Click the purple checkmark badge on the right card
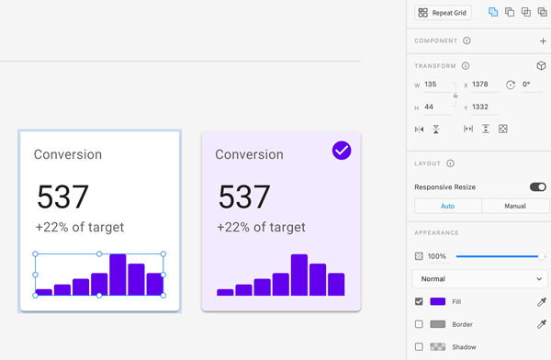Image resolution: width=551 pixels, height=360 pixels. [x=342, y=150]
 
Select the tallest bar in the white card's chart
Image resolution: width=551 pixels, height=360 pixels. [x=118, y=275]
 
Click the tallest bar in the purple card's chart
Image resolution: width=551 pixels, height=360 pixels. [x=299, y=275]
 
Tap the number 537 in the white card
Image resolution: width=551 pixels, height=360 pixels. [x=62, y=197]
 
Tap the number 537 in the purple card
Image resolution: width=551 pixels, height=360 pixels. [x=244, y=197]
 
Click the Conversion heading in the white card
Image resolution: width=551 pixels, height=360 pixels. [x=68, y=154]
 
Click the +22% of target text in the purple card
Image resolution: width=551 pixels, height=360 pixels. [x=262, y=227]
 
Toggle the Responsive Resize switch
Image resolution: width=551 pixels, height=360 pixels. [x=537, y=187]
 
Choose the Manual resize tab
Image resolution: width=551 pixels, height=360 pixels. [x=514, y=207]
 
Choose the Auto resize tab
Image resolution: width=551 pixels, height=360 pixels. [x=447, y=207]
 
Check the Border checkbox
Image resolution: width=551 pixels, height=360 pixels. [x=420, y=324]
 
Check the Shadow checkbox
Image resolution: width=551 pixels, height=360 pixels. [x=420, y=347]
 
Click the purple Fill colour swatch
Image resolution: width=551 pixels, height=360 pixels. [x=438, y=301]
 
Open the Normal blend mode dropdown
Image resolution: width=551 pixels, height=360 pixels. [x=480, y=278]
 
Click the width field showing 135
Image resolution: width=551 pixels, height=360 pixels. [x=435, y=84]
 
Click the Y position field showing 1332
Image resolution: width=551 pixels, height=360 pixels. [x=485, y=107]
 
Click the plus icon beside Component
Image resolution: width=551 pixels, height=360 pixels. [x=543, y=41]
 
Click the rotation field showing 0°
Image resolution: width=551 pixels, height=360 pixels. [x=532, y=84]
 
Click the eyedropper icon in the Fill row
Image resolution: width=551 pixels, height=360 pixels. [x=542, y=301]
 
